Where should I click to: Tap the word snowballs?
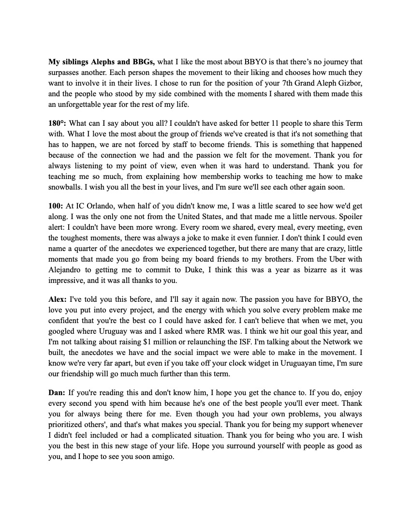66,187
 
